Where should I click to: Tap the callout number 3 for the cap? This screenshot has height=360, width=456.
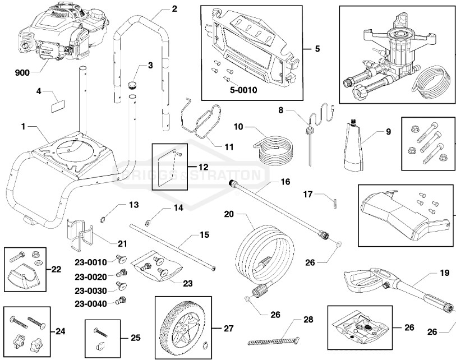coord(150,66)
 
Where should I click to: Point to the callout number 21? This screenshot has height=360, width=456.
coord(122,243)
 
